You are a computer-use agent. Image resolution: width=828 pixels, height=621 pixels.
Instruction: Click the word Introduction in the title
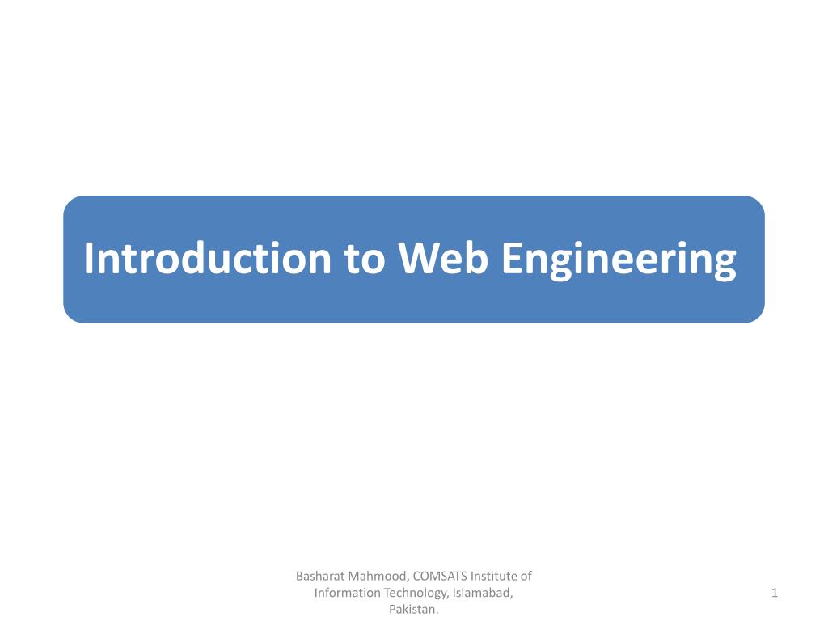click(x=208, y=258)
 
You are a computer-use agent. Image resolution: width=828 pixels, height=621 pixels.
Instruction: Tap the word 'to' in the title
click(x=365, y=259)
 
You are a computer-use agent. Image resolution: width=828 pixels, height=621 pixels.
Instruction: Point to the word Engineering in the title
click(x=619, y=261)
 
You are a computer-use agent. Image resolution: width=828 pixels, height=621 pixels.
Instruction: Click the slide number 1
click(x=774, y=593)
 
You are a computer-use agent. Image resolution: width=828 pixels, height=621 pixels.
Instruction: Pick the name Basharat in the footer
click(x=319, y=576)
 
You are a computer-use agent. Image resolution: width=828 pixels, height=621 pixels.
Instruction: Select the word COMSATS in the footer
click(x=440, y=576)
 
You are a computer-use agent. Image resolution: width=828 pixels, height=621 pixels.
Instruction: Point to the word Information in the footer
click(x=347, y=593)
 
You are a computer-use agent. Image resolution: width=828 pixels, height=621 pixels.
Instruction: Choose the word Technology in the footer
click(x=416, y=594)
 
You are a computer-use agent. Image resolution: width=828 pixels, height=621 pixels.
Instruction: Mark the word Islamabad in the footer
click(x=483, y=593)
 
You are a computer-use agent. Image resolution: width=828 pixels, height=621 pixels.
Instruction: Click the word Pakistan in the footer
click(x=413, y=610)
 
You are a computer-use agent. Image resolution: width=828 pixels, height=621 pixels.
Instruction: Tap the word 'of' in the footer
click(x=526, y=576)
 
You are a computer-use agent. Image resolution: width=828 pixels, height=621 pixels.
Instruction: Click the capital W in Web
click(x=420, y=258)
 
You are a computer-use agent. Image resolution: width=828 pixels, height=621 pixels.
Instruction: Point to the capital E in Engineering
click(x=512, y=258)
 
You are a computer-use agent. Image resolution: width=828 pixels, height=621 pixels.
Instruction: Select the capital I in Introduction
click(x=89, y=258)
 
